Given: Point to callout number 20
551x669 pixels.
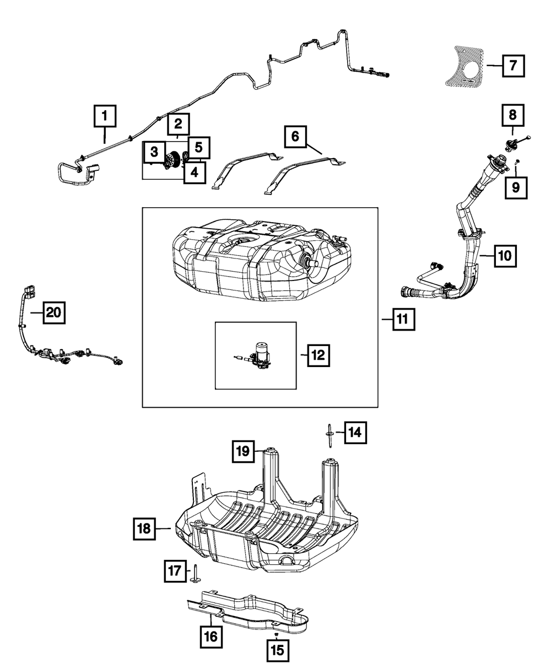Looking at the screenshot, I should pyautogui.click(x=52, y=313).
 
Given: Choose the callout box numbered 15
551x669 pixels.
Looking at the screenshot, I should pyautogui.click(x=276, y=651).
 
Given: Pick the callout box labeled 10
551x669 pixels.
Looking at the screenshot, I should pyautogui.click(x=505, y=255).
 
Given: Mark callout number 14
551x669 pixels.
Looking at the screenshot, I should pyautogui.click(x=355, y=433).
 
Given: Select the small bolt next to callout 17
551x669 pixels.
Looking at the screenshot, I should pyautogui.click(x=195, y=573).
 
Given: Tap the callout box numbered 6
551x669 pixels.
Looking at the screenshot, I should pyautogui.click(x=296, y=136).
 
